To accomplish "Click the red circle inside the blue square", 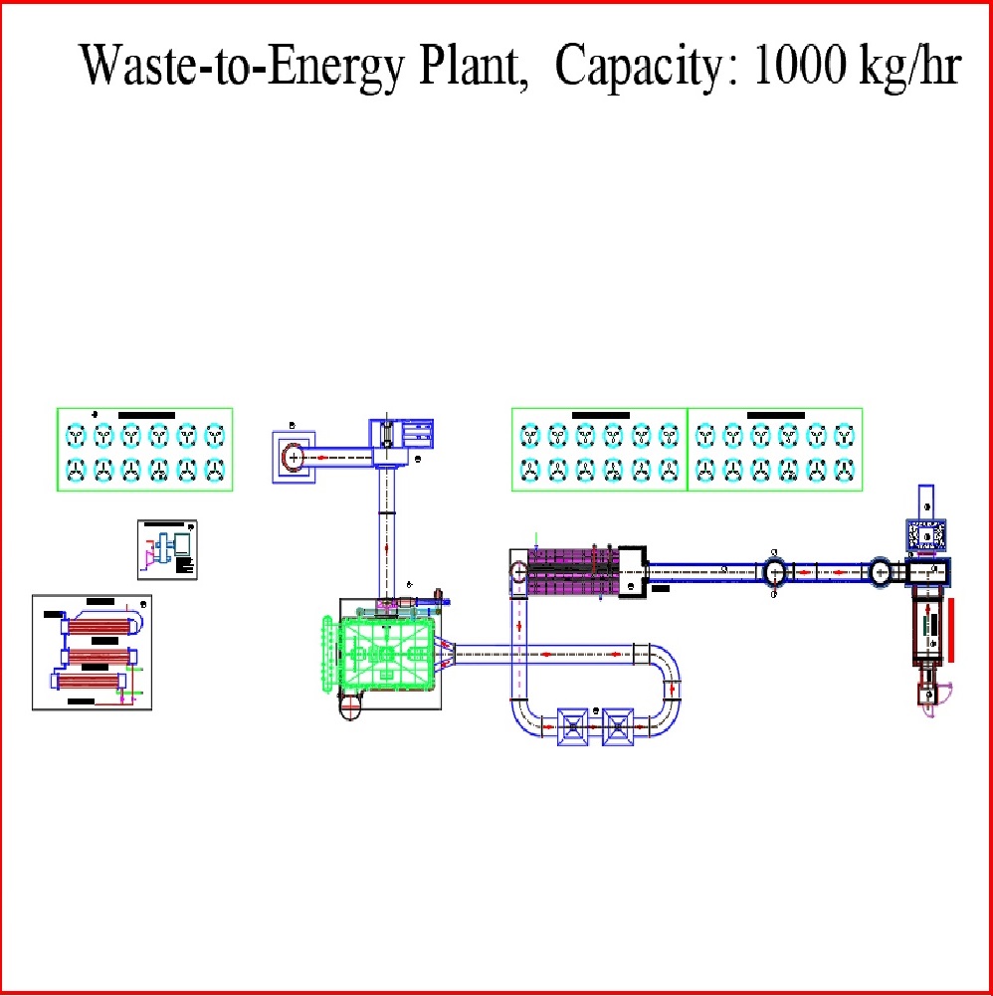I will pos(293,457).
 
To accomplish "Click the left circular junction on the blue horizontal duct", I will pos(775,572).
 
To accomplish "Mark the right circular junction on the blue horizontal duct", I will pos(880,572).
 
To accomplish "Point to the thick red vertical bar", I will pos(955,630).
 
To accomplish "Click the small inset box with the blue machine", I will pos(168,548).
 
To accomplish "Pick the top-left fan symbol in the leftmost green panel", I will pos(76,436).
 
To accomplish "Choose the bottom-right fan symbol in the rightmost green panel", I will pos(844,470).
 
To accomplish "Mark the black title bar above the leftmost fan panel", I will pos(146,414).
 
